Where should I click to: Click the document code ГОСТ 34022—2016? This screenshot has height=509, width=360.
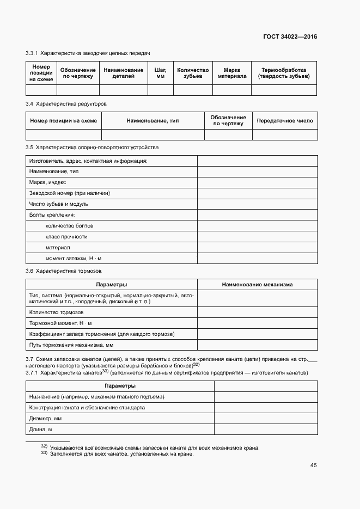click(x=290, y=37)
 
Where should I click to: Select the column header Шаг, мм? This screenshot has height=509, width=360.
click(x=160, y=73)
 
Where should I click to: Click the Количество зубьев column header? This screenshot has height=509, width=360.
click(x=193, y=73)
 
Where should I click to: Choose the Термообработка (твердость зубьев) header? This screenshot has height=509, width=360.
click(x=284, y=73)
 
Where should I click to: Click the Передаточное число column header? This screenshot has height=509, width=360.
click(x=285, y=121)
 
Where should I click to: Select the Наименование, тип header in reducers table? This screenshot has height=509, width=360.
click(x=152, y=121)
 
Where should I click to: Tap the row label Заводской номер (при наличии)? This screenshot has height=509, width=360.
click(x=69, y=193)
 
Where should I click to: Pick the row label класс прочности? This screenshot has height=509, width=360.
click(x=66, y=237)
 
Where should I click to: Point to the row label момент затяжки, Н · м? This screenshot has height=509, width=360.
click(x=74, y=259)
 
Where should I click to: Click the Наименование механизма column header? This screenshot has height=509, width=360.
click(x=257, y=285)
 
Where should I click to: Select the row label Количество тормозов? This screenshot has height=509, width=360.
click(x=56, y=312)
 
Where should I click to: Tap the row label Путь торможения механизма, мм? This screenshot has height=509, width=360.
click(x=71, y=345)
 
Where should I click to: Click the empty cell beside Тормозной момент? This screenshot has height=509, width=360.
click(x=257, y=323)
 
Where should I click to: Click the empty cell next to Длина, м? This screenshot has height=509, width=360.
click(x=266, y=430)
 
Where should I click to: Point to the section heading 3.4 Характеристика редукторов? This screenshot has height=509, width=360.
click(x=66, y=103)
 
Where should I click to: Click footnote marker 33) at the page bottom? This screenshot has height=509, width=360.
click(x=44, y=453)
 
